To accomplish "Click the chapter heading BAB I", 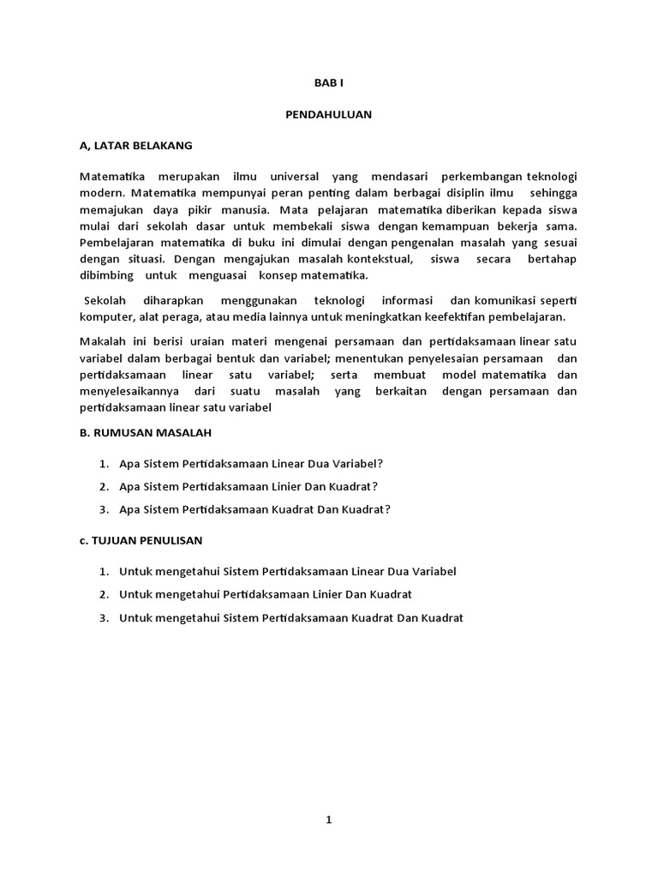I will pos(328,83).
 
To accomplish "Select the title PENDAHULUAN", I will pos(328,115).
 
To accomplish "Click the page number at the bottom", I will pos(328,820).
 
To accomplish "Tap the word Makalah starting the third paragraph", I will pos(103,343).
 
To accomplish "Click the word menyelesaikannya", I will pos(129,391).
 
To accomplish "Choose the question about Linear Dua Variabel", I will pos(251,463).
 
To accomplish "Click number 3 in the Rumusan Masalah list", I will pos(103,508).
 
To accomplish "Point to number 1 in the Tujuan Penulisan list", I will pos(103,570).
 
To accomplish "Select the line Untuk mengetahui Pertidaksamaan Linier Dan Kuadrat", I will pos(266,594).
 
